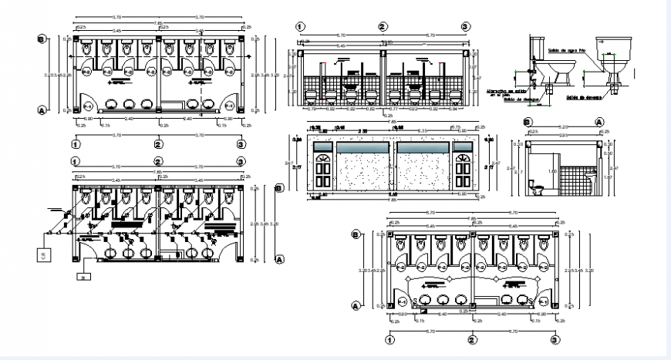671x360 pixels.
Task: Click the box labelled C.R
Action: [x=42, y=252]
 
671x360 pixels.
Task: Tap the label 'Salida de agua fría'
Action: [x=565, y=52]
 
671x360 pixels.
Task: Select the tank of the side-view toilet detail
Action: [x=538, y=48]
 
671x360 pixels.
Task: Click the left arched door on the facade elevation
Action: [x=322, y=170]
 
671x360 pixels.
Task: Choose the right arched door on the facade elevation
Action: [x=463, y=170]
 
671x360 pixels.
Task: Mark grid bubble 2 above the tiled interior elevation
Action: [x=383, y=27]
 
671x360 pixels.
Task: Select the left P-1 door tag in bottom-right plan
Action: [x=400, y=299]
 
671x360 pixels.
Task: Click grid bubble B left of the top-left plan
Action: [x=41, y=40]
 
